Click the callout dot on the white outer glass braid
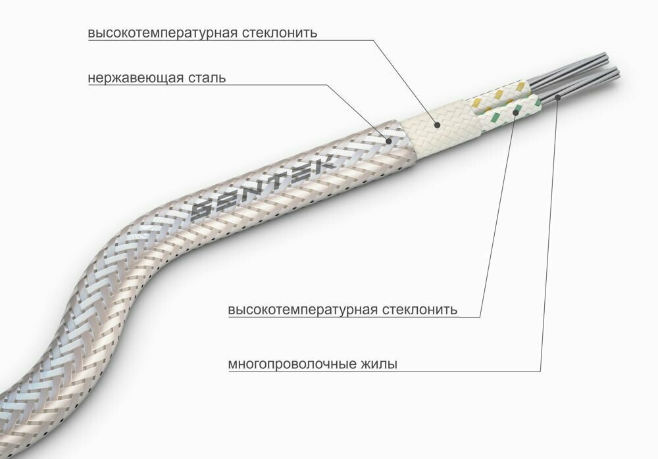(x=435, y=122)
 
